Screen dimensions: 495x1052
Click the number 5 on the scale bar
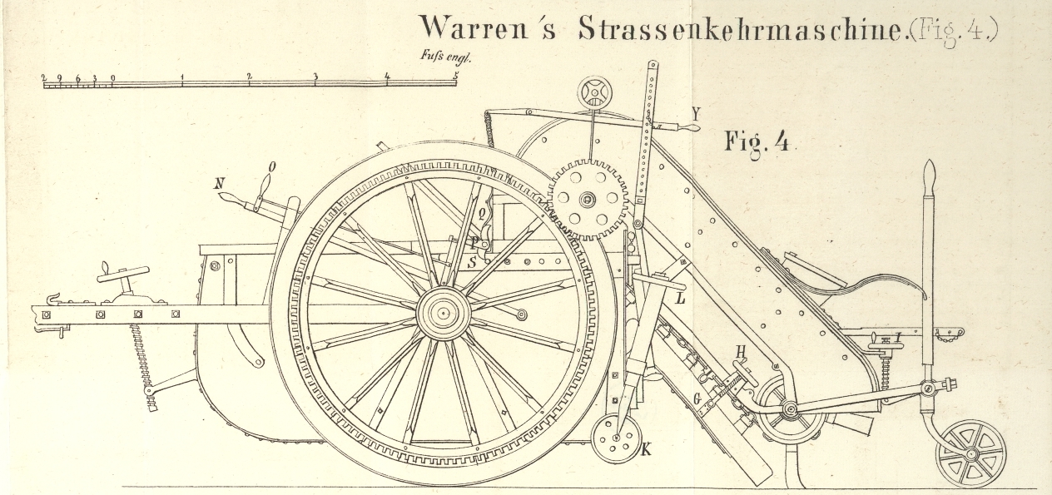coord(455,76)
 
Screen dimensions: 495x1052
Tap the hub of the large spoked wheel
coord(444,314)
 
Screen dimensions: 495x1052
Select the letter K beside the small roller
coord(646,450)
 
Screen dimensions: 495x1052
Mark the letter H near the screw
coord(739,352)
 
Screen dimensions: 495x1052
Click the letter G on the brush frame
coord(695,398)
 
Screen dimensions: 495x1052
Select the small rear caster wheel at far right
coord(970,453)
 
